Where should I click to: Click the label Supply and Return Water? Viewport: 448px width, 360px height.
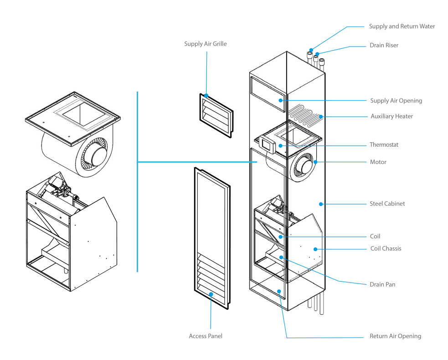[x=402, y=26]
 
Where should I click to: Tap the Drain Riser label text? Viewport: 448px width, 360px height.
[x=384, y=46]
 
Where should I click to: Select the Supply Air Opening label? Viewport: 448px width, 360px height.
[x=396, y=101]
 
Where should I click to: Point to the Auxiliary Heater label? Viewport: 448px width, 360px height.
[x=391, y=116]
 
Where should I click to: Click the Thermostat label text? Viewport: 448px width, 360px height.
[x=384, y=145]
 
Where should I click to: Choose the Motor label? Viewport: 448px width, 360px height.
[x=378, y=162]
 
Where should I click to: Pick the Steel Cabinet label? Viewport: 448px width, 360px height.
[x=387, y=204]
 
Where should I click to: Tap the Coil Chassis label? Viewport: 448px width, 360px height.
[x=386, y=249]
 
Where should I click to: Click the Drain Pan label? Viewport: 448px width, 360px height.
[x=382, y=284]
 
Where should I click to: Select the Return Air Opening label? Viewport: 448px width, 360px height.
[x=395, y=336]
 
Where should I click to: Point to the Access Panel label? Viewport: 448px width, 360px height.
[x=206, y=336]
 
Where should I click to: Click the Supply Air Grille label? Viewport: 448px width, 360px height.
[x=205, y=44]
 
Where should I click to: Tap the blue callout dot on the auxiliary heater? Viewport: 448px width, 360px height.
[x=321, y=117]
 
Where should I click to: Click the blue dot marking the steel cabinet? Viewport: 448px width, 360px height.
[x=321, y=204]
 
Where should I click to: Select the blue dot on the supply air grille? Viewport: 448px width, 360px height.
[x=206, y=96]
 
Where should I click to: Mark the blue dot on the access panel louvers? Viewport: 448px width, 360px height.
[x=211, y=294]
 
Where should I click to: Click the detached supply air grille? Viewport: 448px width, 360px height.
[x=216, y=115]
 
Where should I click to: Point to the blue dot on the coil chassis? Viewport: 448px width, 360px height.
[x=315, y=249]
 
